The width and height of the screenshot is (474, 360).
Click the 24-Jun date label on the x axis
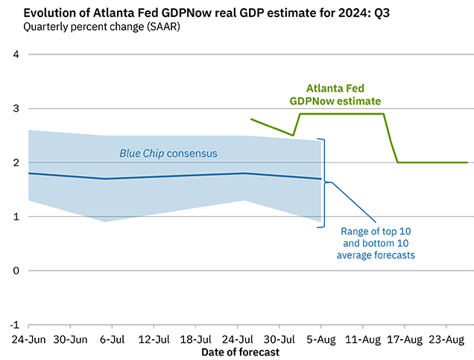[x=28, y=339]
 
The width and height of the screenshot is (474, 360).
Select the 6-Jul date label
[x=112, y=339]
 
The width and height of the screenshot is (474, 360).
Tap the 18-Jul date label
[x=195, y=339]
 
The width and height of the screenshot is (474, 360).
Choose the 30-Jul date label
[x=279, y=339]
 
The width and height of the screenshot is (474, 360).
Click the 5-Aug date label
[x=320, y=339]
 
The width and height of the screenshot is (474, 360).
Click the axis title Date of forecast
[x=240, y=353]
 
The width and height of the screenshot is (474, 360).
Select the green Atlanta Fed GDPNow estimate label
[x=336, y=94]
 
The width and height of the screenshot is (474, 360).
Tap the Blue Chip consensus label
[x=168, y=154]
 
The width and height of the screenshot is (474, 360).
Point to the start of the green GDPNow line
[x=251, y=119]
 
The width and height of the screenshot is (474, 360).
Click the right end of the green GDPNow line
[x=467, y=162]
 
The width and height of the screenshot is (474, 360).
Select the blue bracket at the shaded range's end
[x=323, y=183]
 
